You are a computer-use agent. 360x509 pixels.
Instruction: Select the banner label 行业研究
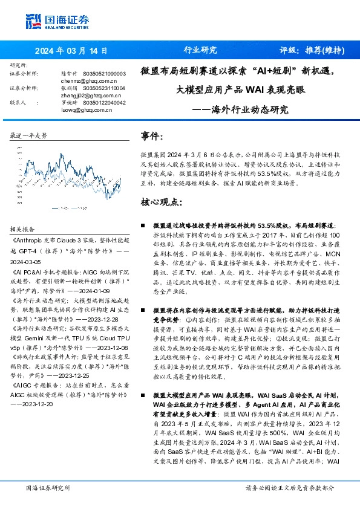200,51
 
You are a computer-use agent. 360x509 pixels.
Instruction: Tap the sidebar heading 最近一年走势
28,137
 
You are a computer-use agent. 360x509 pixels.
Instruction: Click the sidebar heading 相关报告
22,229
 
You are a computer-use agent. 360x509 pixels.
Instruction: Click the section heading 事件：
151,137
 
